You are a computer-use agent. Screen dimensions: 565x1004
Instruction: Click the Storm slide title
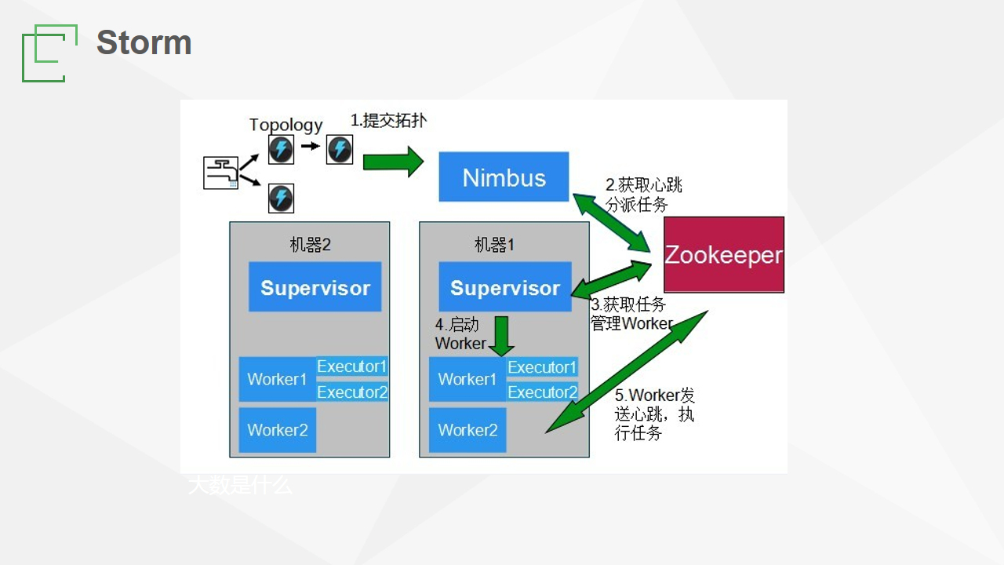click(x=144, y=42)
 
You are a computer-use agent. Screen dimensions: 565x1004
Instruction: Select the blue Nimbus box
click(x=504, y=177)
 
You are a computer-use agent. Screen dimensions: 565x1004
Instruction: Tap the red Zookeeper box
click(x=723, y=254)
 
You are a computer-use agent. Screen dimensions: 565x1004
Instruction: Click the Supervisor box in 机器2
click(x=315, y=287)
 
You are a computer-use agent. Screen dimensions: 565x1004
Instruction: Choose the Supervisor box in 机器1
click(x=504, y=287)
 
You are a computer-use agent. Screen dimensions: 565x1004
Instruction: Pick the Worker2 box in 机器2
click(x=278, y=429)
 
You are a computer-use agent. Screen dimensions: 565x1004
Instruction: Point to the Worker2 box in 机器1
click(x=467, y=429)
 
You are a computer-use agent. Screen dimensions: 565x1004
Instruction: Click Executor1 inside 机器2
click(x=351, y=366)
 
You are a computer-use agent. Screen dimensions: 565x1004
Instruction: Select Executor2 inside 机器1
click(x=542, y=392)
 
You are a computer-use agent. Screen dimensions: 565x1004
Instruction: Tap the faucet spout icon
click(x=220, y=173)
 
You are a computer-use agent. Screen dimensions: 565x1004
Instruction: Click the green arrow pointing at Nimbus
click(x=392, y=162)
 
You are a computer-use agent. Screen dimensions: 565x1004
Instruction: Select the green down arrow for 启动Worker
click(x=501, y=336)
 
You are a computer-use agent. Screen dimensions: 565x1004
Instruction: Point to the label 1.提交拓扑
click(x=388, y=120)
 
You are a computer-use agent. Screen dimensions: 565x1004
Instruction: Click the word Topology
click(x=286, y=125)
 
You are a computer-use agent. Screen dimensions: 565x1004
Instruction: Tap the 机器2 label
click(x=310, y=245)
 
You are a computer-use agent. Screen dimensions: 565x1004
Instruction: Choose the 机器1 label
click(x=494, y=245)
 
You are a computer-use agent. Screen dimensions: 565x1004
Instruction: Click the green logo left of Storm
click(x=49, y=53)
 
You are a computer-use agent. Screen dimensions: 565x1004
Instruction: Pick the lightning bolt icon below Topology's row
click(x=281, y=199)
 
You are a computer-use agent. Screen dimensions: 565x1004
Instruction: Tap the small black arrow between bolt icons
click(x=311, y=146)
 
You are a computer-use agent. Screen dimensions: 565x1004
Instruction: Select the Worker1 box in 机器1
click(x=467, y=379)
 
